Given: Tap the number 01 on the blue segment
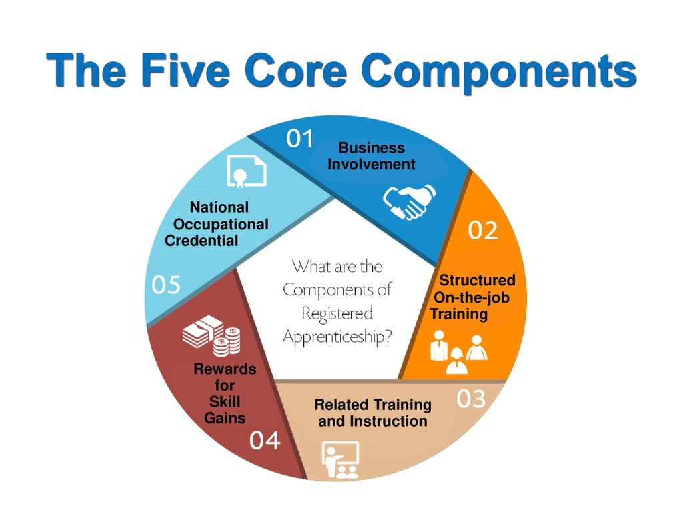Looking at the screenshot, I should pyautogui.click(x=300, y=139).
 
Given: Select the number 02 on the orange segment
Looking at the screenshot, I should pyautogui.click(x=482, y=231).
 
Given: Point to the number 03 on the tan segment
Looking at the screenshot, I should pyautogui.click(x=470, y=399).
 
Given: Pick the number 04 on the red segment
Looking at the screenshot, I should pyautogui.click(x=265, y=441).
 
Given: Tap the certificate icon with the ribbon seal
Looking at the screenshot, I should pyautogui.click(x=246, y=172).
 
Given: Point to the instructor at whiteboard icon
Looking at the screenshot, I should pyautogui.click(x=340, y=459).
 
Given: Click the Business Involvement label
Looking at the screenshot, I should pyautogui.click(x=371, y=156).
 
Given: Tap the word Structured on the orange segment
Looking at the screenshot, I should pyautogui.click(x=477, y=280).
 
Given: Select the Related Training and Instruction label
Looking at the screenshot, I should pyautogui.click(x=373, y=413).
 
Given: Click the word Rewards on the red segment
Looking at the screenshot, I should pyautogui.click(x=225, y=369).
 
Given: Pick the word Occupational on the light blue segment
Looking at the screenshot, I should pyautogui.click(x=221, y=225).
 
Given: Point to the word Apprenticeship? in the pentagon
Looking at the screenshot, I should pyautogui.click(x=337, y=337).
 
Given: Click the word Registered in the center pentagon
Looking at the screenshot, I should pyautogui.click(x=337, y=313).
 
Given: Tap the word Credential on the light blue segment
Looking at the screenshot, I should pyautogui.click(x=201, y=241).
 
